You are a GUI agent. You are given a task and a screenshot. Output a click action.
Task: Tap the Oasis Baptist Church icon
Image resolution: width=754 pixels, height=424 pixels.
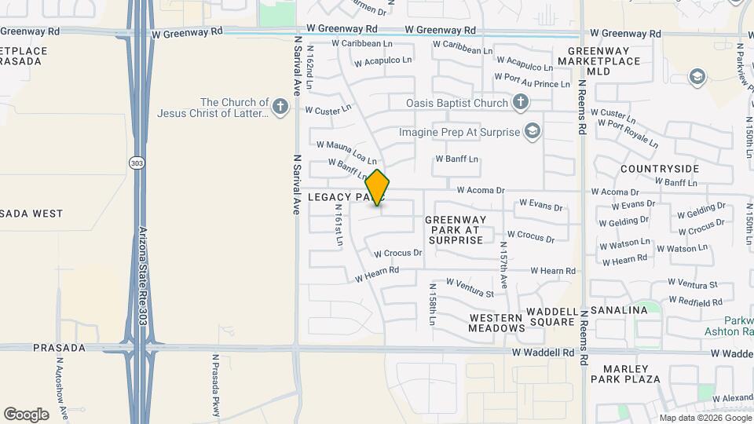pyautogui.click(x=520, y=102)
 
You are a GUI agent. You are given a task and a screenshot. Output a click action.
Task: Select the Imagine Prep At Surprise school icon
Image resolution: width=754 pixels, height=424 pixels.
pyautogui.click(x=533, y=131)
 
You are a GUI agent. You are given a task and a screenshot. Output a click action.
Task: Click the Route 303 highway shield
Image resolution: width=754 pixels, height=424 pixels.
pyautogui.click(x=138, y=163)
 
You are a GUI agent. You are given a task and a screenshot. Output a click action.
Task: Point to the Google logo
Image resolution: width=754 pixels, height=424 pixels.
pyautogui.click(x=26, y=414)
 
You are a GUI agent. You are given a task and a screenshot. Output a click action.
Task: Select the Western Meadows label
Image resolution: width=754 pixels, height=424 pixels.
pyautogui.click(x=496, y=323)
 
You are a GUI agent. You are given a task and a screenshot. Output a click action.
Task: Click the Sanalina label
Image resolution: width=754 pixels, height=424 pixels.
pyautogui.click(x=620, y=310)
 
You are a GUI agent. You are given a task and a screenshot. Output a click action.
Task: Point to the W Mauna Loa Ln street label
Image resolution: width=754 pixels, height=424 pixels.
pyautogui.click(x=346, y=150)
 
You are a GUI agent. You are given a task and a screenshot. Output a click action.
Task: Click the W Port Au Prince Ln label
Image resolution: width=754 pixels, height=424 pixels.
pyautogui.click(x=532, y=80)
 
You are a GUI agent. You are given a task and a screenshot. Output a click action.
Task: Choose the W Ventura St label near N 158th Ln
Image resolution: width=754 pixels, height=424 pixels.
pyautogui.click(x=470, y=287)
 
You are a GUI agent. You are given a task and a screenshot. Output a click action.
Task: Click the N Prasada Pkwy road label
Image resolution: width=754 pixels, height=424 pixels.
pyautogui.click(x=215, y=385)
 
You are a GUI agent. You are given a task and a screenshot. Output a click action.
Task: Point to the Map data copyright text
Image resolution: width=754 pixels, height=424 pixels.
pyautogui.click(x=705, y=417)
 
